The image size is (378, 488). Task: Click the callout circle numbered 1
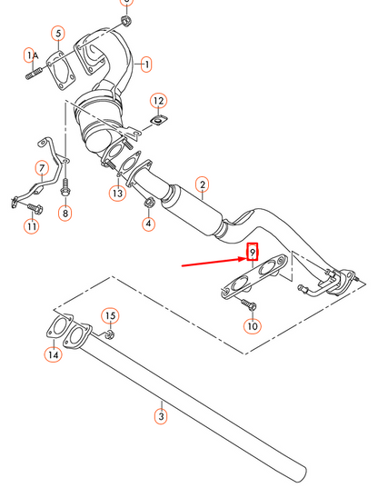[x=147, y=65]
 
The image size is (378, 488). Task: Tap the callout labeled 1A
[x=30, y=56]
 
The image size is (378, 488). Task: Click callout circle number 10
[x=252, y=325]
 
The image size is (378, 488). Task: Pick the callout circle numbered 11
[x=32, y=225]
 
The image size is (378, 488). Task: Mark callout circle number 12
[x=157, y=99]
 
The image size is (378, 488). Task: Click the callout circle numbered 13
[x=117, y=193]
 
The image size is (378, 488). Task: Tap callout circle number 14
[x=53, y=355]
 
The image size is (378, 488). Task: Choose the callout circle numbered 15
[x=109, y=315]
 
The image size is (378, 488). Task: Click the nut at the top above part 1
[x=125, y=19]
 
